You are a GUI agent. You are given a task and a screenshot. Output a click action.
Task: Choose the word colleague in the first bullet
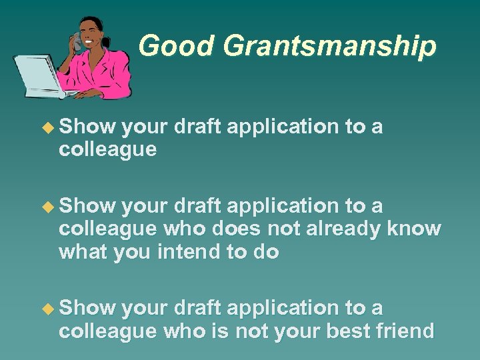(107, 149)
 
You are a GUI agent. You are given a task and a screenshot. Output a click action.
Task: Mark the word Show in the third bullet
(87, 308)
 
